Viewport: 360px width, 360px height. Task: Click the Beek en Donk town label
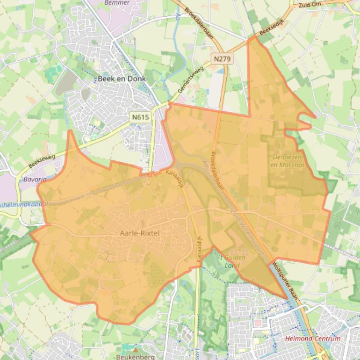(122, 79)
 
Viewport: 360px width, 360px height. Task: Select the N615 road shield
(141, 117)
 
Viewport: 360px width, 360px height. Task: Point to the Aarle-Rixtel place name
(140, 233)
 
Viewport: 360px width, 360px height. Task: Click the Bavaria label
(35, 180)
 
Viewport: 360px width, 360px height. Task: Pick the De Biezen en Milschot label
(287, 161)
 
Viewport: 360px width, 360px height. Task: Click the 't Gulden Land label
(232, 261)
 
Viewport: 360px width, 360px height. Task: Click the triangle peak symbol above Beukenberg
(136, 349)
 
